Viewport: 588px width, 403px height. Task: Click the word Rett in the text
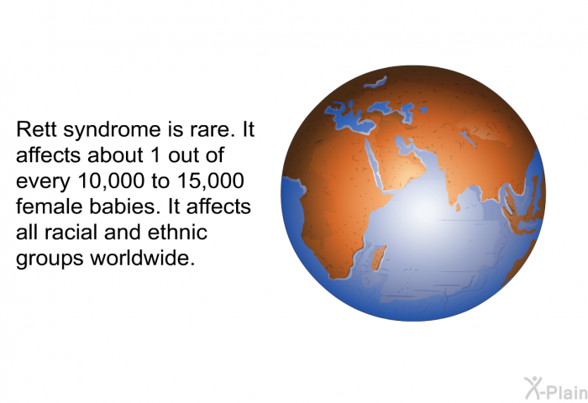click(37, 129)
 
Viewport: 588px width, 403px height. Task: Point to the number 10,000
click(111, 181)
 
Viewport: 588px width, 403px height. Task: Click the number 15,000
click(211, 181)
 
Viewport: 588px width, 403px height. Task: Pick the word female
click(45, 207)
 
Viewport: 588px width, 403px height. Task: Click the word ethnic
click(177, 233)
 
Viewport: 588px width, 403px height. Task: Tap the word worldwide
click(143, 258)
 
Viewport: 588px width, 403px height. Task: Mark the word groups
click(50, 259)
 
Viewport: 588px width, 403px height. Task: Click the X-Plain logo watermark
click(555, 389)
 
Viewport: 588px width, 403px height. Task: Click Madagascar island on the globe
click(379, 258)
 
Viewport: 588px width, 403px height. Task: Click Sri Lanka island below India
click(458, 207)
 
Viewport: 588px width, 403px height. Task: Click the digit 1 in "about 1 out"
click(156, 155)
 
